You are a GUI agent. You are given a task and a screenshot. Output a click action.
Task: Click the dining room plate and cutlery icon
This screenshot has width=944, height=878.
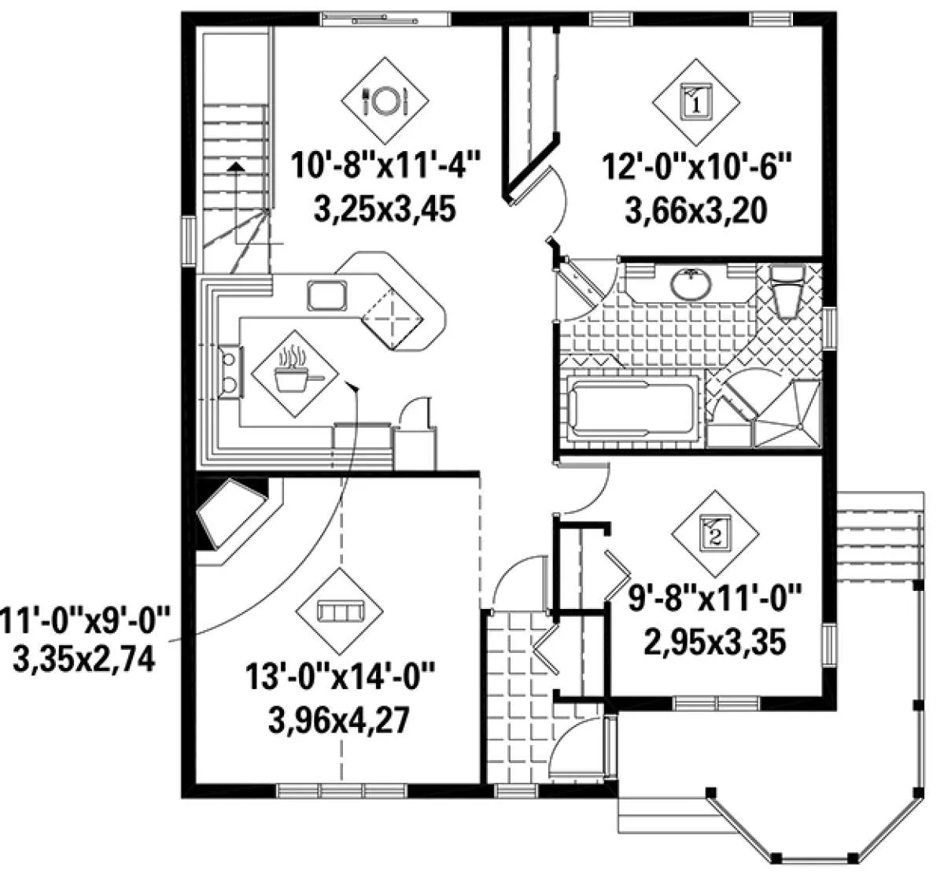click(385, 100)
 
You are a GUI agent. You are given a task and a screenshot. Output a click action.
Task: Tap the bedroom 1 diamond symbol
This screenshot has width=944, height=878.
click(696, 102)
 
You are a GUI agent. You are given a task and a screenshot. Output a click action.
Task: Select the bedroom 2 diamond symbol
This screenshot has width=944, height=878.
click(715, 534)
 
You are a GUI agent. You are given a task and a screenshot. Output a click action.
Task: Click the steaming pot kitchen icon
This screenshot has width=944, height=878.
click(295, 374)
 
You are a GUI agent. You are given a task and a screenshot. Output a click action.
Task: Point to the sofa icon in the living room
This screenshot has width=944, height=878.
click(339, 611)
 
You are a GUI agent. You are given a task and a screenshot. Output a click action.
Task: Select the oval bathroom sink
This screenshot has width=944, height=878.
click(691, 284)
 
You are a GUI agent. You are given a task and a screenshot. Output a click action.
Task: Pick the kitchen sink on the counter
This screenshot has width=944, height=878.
click(326, 296)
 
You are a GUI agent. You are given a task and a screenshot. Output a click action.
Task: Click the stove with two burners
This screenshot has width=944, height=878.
click(231, 372)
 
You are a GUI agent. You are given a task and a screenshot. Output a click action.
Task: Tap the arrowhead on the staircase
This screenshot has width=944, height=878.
click(235, 166)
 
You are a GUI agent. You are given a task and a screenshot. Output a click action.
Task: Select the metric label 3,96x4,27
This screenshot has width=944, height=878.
click(339, 721)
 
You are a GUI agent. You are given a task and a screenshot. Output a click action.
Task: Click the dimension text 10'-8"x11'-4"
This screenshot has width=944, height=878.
click(385, 164)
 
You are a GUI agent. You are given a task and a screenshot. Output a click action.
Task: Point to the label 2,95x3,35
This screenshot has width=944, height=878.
click(715, 642)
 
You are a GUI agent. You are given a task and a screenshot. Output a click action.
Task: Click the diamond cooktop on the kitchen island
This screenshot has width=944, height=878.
click(393, 318)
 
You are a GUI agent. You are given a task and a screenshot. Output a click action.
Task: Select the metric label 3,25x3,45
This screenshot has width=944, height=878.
click(385, 209)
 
